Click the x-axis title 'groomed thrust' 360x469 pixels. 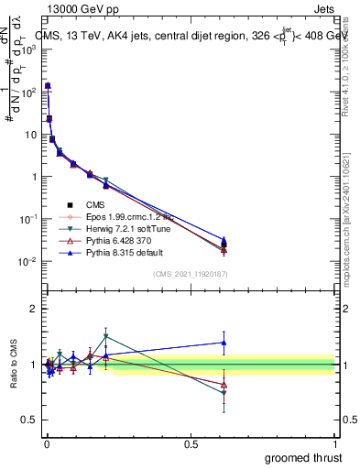click(x=304, y=457)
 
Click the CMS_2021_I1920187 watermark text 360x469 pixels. click(x=190, y=274)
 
